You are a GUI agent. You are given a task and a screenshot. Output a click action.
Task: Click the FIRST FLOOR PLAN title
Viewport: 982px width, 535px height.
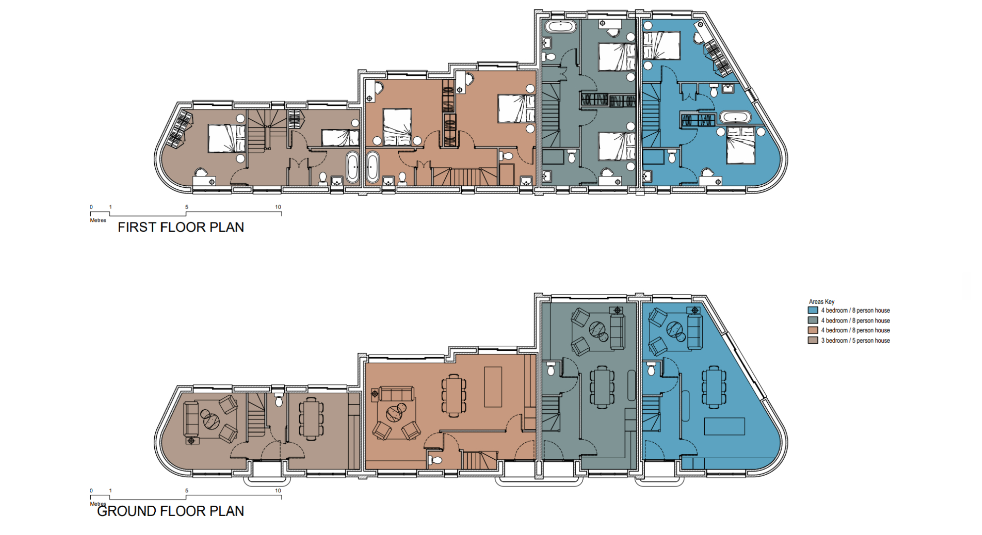pos(181,227)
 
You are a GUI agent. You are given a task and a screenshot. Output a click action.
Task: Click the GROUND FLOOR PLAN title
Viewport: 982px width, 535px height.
pos(170,511)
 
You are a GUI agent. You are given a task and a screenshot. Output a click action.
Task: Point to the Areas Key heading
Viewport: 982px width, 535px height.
pos(821,302)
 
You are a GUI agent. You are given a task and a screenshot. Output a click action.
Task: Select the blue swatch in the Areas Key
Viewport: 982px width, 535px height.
pos(813,311)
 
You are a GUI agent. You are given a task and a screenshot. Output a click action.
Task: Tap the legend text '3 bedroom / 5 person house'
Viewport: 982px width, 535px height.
pos(856,341)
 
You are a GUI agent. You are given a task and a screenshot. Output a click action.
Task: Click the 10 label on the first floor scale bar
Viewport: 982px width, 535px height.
pos(278,207)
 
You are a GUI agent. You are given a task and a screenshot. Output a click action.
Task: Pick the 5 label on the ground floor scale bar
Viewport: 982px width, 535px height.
pos(186,491)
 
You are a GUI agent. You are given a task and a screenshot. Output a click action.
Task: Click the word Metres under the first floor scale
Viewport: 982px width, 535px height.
pos(98,220)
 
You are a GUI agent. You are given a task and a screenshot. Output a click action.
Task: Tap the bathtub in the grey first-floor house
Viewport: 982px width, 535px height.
pos(560,26)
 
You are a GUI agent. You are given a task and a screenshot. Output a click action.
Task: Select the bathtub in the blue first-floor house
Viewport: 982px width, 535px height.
pos(736,117)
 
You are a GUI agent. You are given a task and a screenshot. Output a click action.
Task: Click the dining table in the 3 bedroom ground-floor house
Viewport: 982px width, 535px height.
pos(311,419)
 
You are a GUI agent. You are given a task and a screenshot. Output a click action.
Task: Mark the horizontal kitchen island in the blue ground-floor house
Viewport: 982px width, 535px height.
pos(725,427)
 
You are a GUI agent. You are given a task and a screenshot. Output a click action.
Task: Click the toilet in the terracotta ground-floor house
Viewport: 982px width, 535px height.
pos(435,460)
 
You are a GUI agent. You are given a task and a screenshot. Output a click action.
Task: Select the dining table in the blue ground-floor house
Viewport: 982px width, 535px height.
pos(714,387)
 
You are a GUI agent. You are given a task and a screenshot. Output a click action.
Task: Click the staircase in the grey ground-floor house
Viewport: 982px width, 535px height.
pos(552,413)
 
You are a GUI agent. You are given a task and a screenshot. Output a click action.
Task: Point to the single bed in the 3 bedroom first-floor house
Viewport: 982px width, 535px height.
pos(340,138)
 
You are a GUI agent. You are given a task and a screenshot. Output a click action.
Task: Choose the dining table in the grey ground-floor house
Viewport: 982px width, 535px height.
pos(602,387)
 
